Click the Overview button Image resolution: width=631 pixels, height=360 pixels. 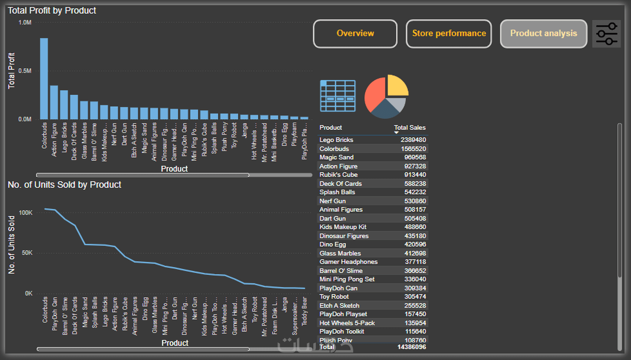pos(355,33)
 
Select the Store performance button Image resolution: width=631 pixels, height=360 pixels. pos(449,33)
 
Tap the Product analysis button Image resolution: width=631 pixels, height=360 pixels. pos(543,33)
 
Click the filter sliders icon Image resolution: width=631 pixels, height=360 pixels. pos(607,34)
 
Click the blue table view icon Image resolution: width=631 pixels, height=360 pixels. pos(338,96)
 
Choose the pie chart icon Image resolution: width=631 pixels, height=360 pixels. pos(386,96)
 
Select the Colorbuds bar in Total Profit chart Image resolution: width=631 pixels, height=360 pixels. pos(44,79)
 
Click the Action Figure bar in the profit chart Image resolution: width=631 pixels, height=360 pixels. pos(54,102)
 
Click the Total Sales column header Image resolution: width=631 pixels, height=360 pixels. pos(409,128)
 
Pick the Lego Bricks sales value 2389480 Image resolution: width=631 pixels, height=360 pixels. pos(413,140)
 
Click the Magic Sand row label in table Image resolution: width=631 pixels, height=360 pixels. pos(336,157)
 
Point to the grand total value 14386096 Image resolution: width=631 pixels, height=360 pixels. pos(412,347)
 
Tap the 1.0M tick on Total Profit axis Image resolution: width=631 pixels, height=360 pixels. pos(25,23)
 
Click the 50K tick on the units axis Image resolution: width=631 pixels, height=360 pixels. pos(27,253)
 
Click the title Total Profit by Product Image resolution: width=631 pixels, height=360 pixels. pos(52,10)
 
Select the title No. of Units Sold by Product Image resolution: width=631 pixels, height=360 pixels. pos(65,185)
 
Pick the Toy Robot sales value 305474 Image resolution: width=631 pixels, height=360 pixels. pos(415,297)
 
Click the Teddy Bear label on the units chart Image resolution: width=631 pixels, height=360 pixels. pos(305,311)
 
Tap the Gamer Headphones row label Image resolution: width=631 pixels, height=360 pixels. pos(349,262)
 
